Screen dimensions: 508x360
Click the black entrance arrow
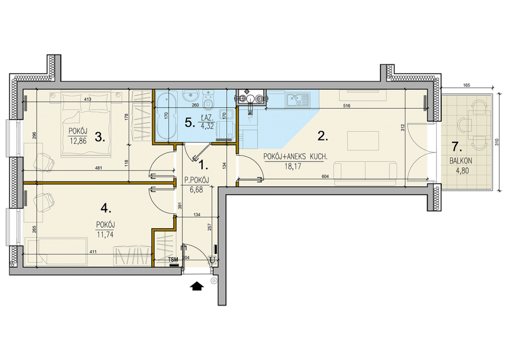197,286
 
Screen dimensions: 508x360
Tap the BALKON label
460,161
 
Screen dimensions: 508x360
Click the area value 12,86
78,141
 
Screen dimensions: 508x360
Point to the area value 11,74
105,235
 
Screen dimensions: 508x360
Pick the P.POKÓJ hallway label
197,181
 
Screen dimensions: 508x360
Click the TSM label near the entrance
174,259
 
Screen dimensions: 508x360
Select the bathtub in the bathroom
166,115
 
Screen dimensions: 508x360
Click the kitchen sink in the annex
298,100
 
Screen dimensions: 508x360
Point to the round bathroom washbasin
190,96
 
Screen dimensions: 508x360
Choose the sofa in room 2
365,173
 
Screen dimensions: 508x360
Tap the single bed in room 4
56,251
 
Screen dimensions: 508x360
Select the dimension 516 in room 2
347,106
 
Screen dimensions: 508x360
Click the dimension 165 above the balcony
467,86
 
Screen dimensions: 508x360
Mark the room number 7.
457,147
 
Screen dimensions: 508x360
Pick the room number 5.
190,122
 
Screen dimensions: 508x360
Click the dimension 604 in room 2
325,176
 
